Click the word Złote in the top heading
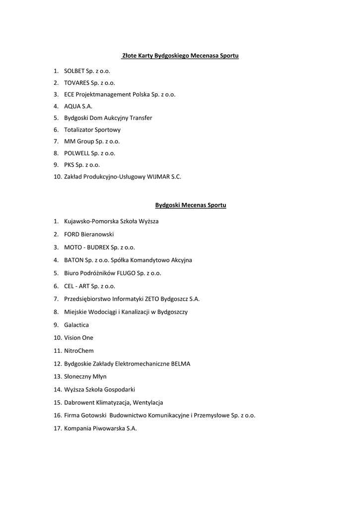[x=130, y=56]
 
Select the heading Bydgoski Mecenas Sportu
[x=191, y=205]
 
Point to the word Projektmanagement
[x=103, y=94]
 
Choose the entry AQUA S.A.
[x=78, y=106]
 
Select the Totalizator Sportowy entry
[x=92, y=129]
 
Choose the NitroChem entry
[x=78, y=351]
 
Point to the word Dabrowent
[x=79, y=403]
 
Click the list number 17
[x=57, y=429]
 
